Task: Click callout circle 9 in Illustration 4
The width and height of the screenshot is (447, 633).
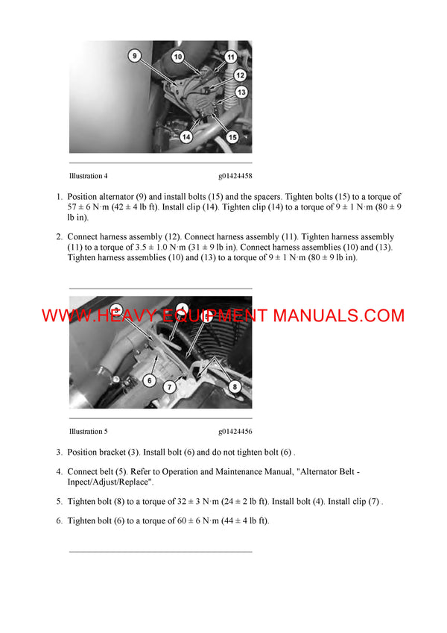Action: [134, 55]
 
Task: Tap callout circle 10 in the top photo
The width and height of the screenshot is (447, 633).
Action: [178, 56]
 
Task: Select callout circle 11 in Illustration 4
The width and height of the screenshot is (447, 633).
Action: [230, 57]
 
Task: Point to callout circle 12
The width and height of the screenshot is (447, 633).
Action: [239, 75]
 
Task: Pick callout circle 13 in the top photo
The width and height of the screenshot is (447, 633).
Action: [241, 92]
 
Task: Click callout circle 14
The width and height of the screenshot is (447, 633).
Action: [186, 137]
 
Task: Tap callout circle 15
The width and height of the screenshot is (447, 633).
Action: [232, 137]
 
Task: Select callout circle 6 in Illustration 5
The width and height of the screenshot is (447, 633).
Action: [149, 380]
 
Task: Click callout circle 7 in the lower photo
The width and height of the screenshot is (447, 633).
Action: [170, 387]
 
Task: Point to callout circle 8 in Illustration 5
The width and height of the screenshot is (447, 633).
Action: [235, 387]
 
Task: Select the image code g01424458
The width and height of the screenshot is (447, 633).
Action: [235, 177]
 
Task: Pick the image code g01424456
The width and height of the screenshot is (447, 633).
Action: [235, 431]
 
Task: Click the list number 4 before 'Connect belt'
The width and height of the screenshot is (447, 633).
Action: [59, 472]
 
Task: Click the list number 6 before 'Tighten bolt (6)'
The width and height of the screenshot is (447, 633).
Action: [59, 520]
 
